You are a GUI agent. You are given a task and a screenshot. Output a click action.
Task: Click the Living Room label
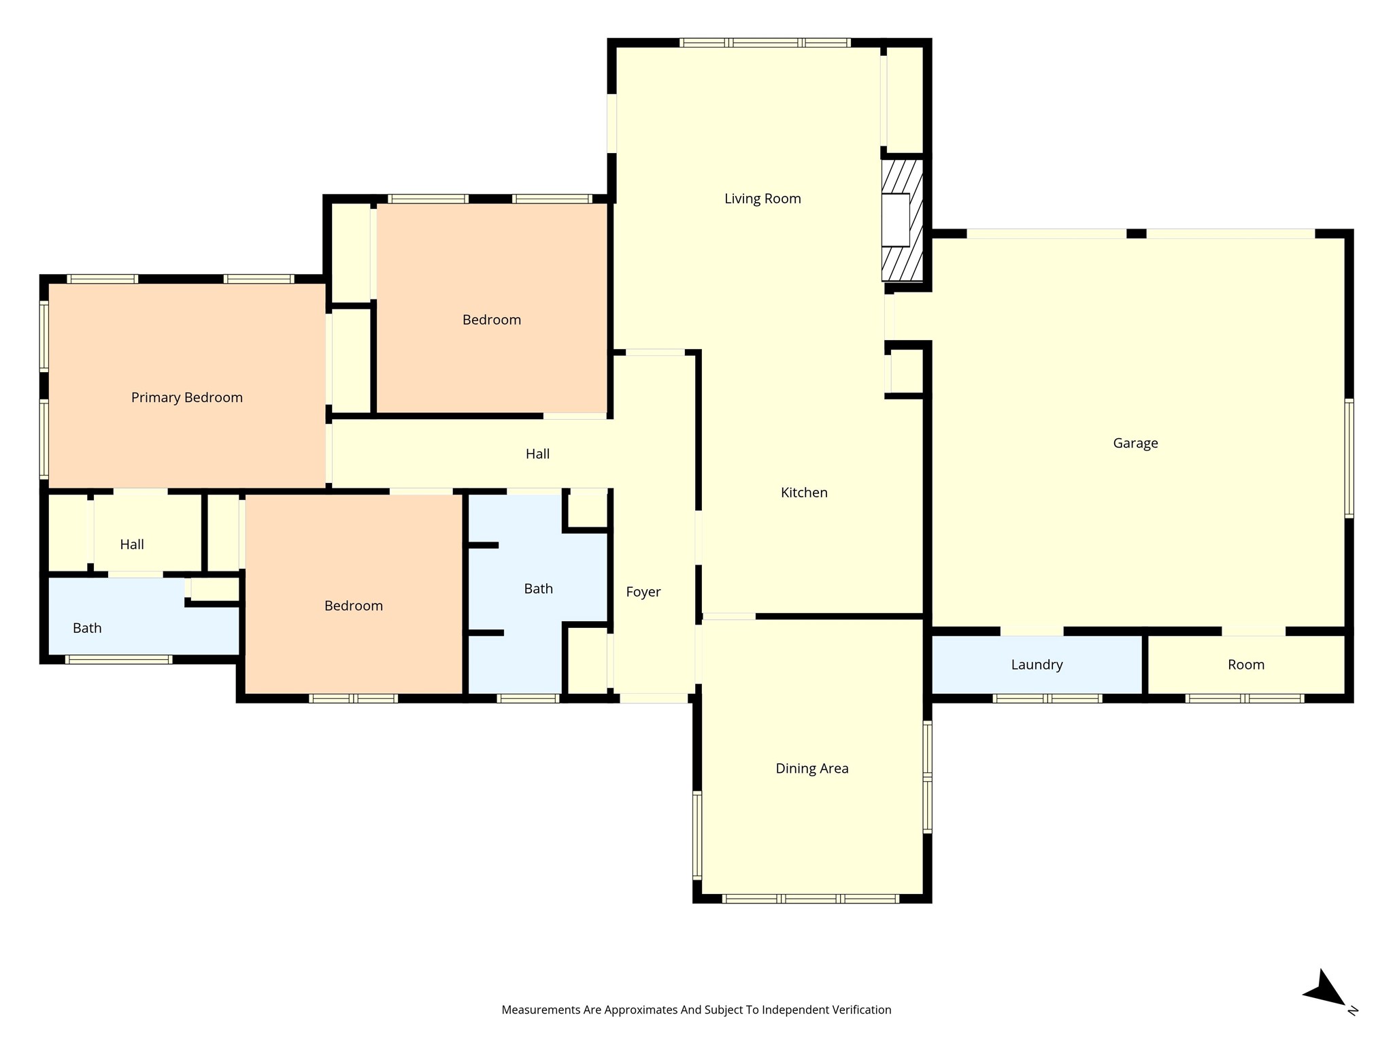click(762, 199)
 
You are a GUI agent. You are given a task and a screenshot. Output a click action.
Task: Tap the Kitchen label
click(804, 493)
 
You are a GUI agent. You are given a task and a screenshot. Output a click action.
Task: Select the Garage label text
click(1135, 444)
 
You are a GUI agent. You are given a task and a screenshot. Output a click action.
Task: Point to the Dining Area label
click(812, 769)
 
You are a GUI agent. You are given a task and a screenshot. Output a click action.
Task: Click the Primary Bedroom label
click(187, 398)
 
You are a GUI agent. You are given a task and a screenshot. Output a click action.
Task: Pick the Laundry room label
click(1037, 665)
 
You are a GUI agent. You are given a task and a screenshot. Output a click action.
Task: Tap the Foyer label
click(643, 593)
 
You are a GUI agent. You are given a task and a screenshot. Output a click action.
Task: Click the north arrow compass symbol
click(1325, 991)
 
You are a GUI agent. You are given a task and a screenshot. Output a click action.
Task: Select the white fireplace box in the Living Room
click(896, 220)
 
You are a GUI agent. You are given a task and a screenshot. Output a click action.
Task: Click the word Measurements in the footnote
click(541, 1010)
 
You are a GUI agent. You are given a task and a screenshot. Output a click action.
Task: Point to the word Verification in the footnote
click(862, 1010)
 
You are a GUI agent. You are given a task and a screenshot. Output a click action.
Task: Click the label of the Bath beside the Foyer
click(538, 589)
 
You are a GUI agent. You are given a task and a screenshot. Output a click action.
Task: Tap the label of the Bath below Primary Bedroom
click(87, 629)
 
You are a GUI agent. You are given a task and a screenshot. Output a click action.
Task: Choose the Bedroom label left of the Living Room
click(492, 320)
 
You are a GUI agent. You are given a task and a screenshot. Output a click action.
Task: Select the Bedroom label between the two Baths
click(354, 606)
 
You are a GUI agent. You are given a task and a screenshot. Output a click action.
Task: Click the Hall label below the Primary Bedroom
click(132, 544)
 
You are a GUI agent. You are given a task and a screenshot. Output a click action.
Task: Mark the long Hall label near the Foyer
click(537, 454)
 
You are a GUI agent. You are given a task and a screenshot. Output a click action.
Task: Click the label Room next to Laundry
click(1246, 665)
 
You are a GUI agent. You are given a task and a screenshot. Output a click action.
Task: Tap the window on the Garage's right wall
click(1349, 459)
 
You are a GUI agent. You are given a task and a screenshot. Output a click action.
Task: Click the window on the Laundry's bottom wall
click(1047, 698)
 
